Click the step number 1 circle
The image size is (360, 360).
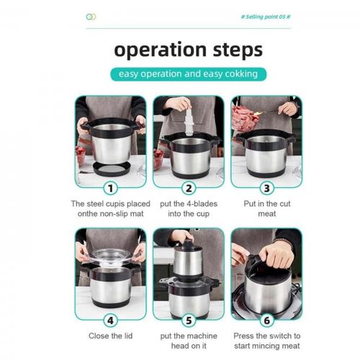[111, 188]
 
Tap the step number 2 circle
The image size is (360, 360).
[189, 188]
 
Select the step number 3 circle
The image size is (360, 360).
[267, 188]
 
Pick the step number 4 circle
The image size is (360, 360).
[111, 320]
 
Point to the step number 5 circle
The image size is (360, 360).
[189, 320]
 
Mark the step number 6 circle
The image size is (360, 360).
[267, 320]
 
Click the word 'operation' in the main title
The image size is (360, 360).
[160, 50]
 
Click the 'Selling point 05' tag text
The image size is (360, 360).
[266, 17]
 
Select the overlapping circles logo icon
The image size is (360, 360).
[91, 17]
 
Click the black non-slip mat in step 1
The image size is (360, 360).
[112, 168]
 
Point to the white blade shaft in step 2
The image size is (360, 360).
[189, 118]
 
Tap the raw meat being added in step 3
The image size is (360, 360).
[244, 118]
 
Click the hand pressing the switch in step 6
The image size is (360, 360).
[277, 254]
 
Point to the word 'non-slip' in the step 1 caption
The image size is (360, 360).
[113, 214]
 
